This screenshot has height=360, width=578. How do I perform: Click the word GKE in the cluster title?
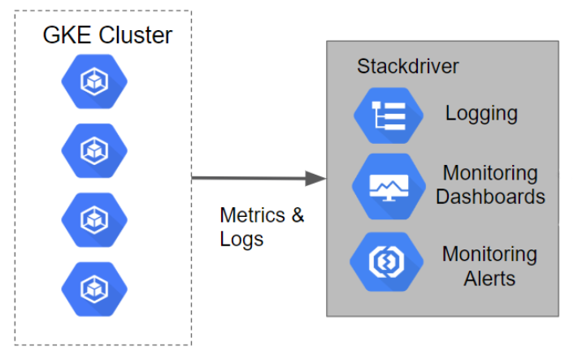coord(67,36)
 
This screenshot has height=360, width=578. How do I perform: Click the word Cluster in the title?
coord(135,36)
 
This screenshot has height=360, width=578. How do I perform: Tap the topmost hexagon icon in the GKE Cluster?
coord(94,81)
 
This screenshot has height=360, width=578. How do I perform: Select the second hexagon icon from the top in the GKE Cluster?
coord(94,150)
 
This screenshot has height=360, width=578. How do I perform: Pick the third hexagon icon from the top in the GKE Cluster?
coord(94,220)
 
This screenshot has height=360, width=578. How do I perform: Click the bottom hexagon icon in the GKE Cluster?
coord(94,289)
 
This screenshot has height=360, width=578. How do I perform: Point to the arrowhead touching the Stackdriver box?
coord(315,178)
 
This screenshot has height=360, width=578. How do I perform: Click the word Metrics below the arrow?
coord(253,215)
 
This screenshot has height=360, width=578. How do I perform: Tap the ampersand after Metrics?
coord(298,215)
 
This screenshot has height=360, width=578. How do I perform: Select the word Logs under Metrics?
coord(241,239)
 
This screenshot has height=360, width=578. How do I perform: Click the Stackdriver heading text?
coord(408,67)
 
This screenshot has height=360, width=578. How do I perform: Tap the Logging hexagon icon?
coord(389,115)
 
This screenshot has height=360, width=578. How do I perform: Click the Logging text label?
coord(481,114)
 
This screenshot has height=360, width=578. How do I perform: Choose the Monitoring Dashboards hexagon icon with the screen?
coord(389,186)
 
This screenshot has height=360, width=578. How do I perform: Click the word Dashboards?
coord(490,197)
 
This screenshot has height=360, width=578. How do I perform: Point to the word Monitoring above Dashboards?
coord(490,174)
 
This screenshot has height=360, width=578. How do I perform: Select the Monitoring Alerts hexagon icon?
coord(387,262)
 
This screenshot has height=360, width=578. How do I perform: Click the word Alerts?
coord(489,279)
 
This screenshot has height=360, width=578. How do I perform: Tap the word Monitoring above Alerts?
coord(489,254)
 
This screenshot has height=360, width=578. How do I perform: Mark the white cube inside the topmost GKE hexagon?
coord(94,81)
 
